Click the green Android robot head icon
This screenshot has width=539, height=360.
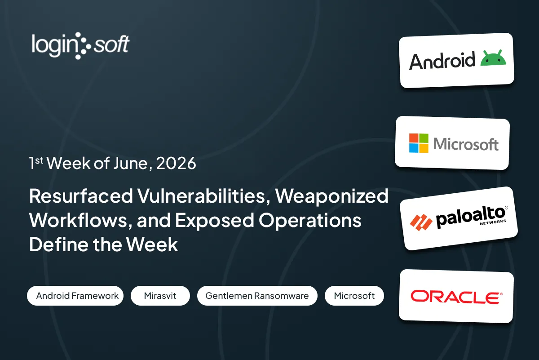tap(493, 58)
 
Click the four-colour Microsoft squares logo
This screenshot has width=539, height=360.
tap(419, 143)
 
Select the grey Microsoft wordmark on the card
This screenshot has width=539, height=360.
tap(466, 144)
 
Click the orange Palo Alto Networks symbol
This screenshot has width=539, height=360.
tap(421, 222)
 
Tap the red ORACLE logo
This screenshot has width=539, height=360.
tap(456, 297)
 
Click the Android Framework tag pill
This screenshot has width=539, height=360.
tap(75, 296)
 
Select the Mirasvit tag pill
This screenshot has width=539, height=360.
tap(160, 296)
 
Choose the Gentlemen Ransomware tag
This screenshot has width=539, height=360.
tap(257, 296)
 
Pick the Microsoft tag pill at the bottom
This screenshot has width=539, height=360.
tap(354, 296)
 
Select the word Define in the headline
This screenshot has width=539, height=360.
tap(59, 244)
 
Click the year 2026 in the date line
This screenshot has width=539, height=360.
tap(176, 164)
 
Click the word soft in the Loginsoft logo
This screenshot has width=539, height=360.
tap(111, 44)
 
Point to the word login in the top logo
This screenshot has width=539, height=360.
tap(54, 46)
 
